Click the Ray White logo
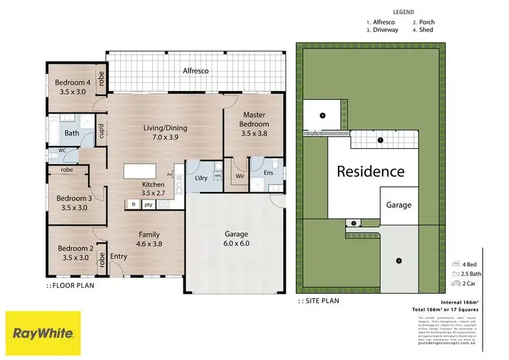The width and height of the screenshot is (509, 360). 43,334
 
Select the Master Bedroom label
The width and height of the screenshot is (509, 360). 254,124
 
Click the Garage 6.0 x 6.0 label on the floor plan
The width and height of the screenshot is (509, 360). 237,238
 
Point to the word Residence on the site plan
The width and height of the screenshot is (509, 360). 371,173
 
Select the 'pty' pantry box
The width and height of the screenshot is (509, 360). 148,204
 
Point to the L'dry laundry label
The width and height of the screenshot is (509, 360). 200,179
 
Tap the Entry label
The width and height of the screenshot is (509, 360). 118,256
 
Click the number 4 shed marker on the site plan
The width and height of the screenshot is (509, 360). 322,115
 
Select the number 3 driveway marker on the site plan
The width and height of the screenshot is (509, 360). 398,261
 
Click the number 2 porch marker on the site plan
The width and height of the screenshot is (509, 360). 354,223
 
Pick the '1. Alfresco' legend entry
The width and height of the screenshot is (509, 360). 385,22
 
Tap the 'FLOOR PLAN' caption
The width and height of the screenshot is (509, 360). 73,286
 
